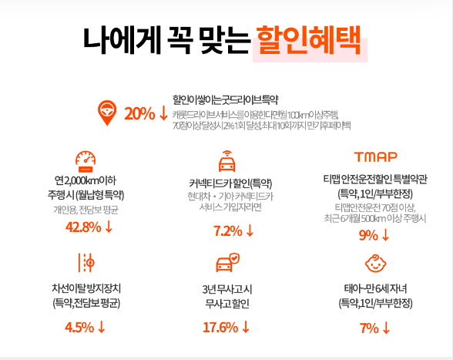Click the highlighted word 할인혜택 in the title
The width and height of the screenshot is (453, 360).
307,40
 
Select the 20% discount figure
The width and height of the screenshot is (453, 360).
139,113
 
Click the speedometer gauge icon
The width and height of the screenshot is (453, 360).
86,160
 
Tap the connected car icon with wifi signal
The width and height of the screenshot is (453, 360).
226,163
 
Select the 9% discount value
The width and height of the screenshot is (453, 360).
368,234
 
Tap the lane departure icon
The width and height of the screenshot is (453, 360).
86,263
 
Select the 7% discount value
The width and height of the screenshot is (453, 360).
369,328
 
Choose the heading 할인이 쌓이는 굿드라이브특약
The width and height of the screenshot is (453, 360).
224,99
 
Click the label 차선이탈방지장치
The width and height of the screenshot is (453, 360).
86,288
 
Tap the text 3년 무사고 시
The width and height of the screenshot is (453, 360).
226,288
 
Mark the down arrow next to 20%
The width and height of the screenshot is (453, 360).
163,113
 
